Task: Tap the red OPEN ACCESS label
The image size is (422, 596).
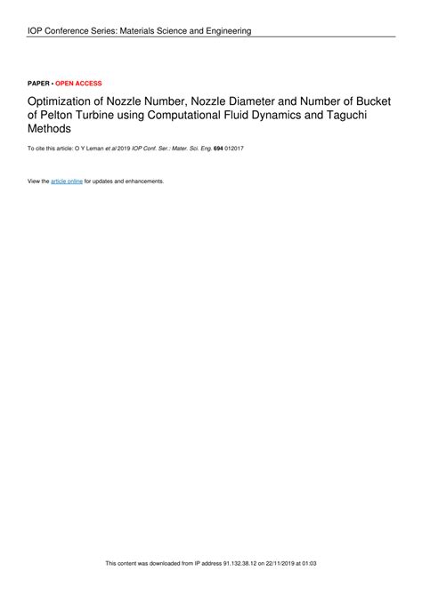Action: [x=78, y=84]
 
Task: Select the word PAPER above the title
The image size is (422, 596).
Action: [x=39, y=84]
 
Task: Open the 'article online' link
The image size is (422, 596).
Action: [x=67, y=181]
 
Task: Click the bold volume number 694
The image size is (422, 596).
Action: [x=218, y=149]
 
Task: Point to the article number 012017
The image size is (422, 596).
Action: [x=235, y=149]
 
